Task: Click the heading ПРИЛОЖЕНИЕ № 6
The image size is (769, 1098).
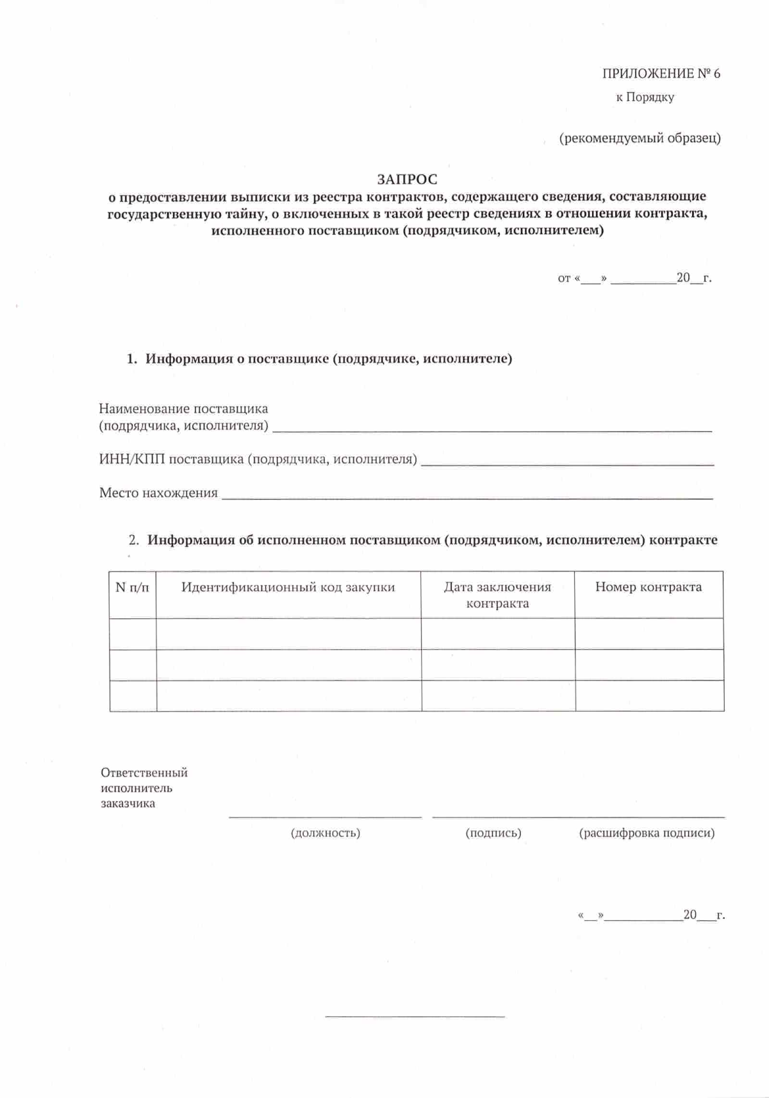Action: (x=661, y=74)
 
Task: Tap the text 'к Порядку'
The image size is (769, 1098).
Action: (x=645, y=97)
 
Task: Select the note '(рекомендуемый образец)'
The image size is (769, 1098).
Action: (x=640, y=139)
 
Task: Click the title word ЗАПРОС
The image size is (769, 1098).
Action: (x=407, y=180)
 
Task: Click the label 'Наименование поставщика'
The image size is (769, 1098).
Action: (x=183, y=409)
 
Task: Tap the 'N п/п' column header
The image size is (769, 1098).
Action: (x=132, y=587)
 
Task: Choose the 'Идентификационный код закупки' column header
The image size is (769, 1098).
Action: (x=288, y=587)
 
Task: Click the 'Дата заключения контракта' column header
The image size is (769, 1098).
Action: (x=497, y=595)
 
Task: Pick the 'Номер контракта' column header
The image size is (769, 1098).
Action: (x=649, y=587)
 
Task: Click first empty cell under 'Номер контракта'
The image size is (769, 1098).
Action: (x=649, y=634)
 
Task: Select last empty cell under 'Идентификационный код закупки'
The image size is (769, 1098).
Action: (x=288, y=695)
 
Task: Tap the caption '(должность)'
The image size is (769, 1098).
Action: (x=326, y=833)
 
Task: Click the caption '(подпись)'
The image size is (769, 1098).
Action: (x=493, y=833)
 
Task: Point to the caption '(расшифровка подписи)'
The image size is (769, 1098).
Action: (x=647, y=833)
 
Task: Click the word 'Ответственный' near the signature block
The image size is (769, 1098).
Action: (x=144, y=773)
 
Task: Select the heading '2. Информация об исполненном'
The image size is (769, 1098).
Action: (x=423, y=540)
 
